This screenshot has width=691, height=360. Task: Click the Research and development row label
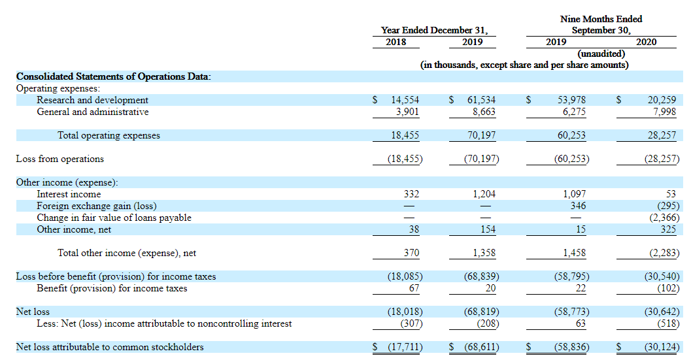(92, 100)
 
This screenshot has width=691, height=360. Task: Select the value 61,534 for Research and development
(481, 100)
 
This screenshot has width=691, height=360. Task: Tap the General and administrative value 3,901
(405, 112)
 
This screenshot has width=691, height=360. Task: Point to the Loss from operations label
(59, 159)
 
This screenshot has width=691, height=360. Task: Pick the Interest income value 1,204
(484, 194)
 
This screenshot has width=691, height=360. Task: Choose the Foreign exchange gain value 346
(577, 206)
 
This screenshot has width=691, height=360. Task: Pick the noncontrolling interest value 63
(580, 323)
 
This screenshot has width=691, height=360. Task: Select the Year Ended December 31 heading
(434, 30)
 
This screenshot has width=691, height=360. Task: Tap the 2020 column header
(646, 42)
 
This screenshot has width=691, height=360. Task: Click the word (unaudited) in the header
(601, 54)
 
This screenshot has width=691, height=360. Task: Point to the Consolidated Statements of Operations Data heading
(113, 76)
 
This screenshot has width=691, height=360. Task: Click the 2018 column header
(396, 42)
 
